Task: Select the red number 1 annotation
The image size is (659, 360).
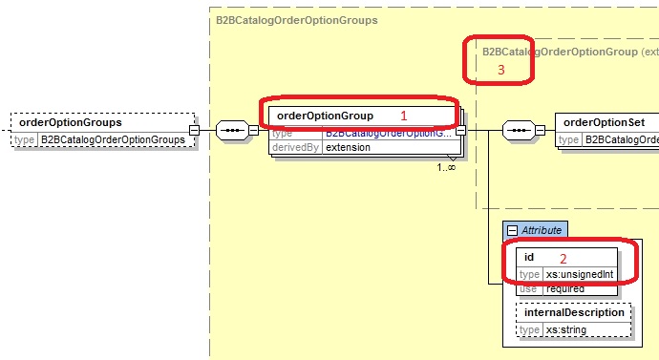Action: coord(404,115)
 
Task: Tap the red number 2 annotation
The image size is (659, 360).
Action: coord(563,258)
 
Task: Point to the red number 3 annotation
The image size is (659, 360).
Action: coord(500,70)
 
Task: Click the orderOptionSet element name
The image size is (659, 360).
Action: coord(605,122)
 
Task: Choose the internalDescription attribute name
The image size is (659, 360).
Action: coord(575,312)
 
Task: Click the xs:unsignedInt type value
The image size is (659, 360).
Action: coord(579,274)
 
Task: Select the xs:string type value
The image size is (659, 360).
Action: coord(565,329)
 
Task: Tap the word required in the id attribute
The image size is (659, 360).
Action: coord(564,287)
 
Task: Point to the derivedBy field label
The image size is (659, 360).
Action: coord(294,148)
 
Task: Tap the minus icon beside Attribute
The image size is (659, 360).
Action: coord(512,230)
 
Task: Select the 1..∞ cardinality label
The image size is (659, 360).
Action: coord(446,167)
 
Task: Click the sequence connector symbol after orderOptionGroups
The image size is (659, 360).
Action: coord(233,131)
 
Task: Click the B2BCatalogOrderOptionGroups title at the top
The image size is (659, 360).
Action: coord(297,19)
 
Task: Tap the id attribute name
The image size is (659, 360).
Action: coord(529,257)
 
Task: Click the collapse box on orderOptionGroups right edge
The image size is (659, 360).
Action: coord(193,131)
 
